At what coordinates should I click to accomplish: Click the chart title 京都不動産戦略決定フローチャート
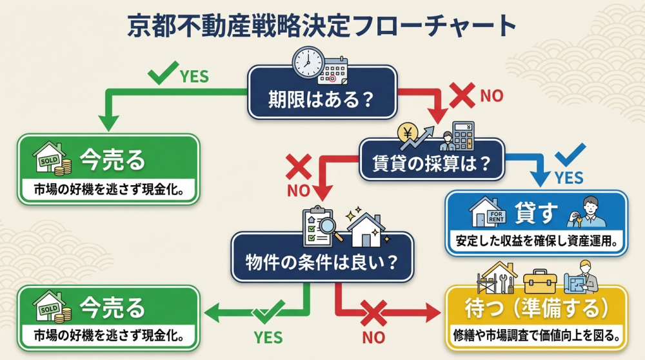[322, 25]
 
